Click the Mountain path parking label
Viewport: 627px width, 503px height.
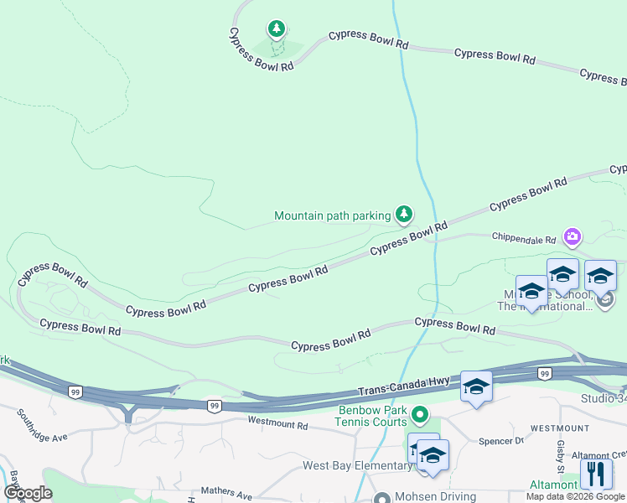333,216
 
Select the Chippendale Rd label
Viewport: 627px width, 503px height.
524,239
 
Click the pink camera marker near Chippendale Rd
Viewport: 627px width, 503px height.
573,237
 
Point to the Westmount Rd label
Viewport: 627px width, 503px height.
278,425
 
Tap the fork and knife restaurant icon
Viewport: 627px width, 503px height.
596,474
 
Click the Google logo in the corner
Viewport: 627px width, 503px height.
28,493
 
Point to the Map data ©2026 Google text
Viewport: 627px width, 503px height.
575,496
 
